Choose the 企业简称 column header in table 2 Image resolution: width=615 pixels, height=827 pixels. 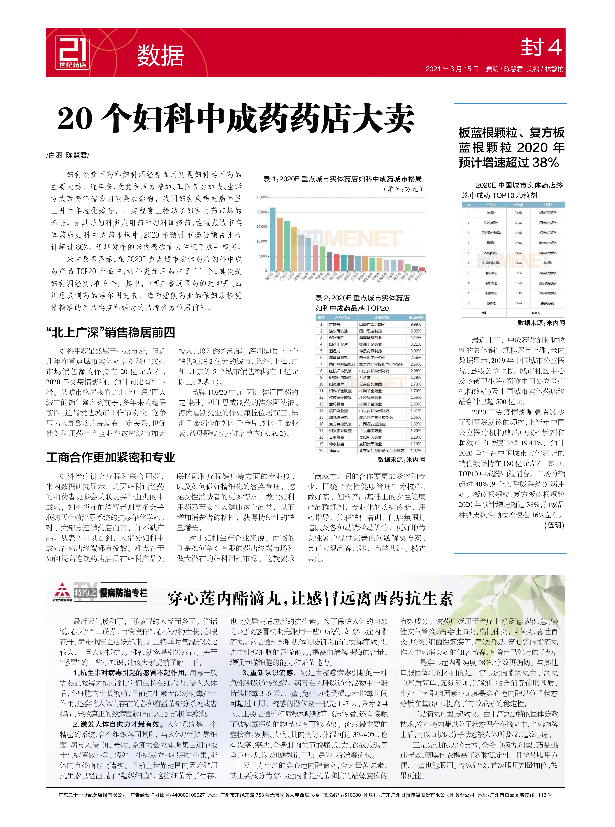(x=382, y=317)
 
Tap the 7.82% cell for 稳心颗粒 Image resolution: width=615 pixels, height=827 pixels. (x=518, y=213)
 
